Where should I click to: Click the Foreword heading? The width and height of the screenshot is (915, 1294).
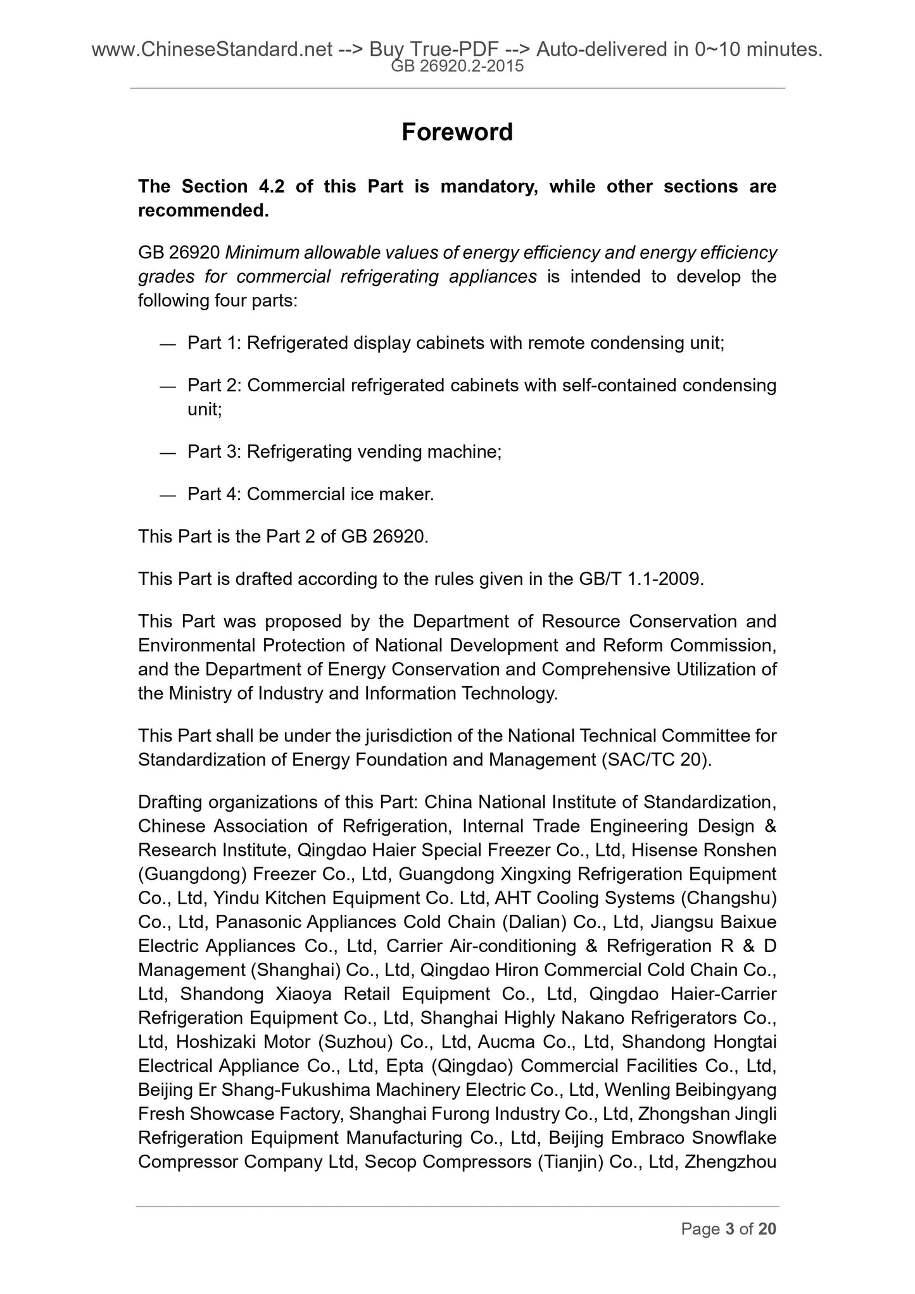(457, 132)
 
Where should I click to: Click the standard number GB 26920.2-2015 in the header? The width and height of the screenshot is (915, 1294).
(457, 66)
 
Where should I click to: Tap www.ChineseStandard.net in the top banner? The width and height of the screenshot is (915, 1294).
(212, 49)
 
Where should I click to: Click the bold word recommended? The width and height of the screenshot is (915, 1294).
(203, 210)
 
